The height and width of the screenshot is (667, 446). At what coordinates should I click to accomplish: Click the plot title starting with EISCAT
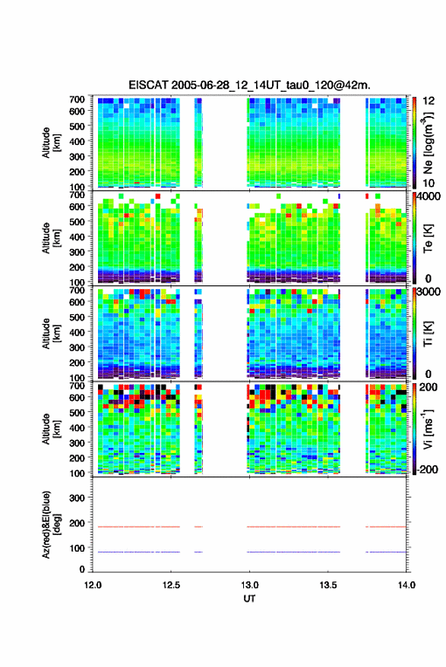click(250, 85)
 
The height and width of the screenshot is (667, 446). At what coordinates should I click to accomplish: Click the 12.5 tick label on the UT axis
click(171, 585)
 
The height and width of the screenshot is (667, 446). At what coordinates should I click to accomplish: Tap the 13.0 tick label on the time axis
click(250, 585)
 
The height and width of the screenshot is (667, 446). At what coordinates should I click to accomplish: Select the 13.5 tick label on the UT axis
click(328, 585)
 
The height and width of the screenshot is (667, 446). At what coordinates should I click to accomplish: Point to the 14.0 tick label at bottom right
click(406, 585)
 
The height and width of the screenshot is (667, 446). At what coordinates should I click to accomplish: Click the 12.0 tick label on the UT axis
click(93, 585)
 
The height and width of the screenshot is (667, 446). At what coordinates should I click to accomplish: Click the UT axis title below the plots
click(249, 599)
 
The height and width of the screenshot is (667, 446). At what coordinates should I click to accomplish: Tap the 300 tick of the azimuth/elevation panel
click(77, 498)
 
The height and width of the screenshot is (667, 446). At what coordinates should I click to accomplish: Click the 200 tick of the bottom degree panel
click(77, 523)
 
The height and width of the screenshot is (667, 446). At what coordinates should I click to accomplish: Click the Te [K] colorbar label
click(428, 238)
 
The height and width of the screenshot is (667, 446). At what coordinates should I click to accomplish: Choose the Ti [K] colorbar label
click(428, 333)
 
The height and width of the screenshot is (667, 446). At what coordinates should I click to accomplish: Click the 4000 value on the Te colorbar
click(429, 197)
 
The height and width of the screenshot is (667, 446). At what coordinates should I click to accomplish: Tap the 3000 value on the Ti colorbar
click(429, 292)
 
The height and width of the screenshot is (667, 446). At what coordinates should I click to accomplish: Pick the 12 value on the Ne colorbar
click(429, 101)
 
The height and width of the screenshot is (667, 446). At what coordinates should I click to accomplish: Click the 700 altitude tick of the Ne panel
click(77, 99)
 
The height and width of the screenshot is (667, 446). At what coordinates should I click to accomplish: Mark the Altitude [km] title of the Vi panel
click(51, 429)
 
